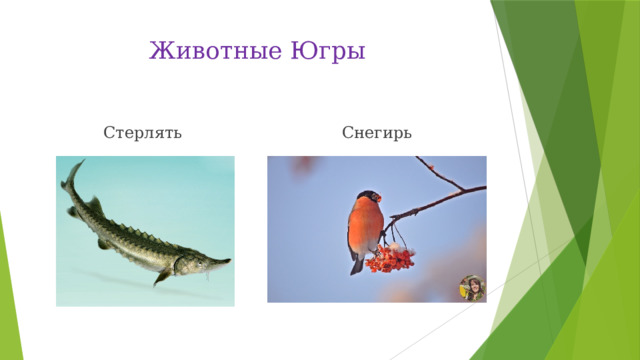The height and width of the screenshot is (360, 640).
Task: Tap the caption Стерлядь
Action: click(143, 132)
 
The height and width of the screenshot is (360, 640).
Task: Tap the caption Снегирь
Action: click(375, 132)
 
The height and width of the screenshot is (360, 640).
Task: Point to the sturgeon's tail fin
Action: click(69, 180)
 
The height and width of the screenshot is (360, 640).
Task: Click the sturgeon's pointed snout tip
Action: click(229, 262)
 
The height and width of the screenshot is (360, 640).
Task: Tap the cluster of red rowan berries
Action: click(389, 261)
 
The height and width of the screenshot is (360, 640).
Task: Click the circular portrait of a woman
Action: click(471, 287)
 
